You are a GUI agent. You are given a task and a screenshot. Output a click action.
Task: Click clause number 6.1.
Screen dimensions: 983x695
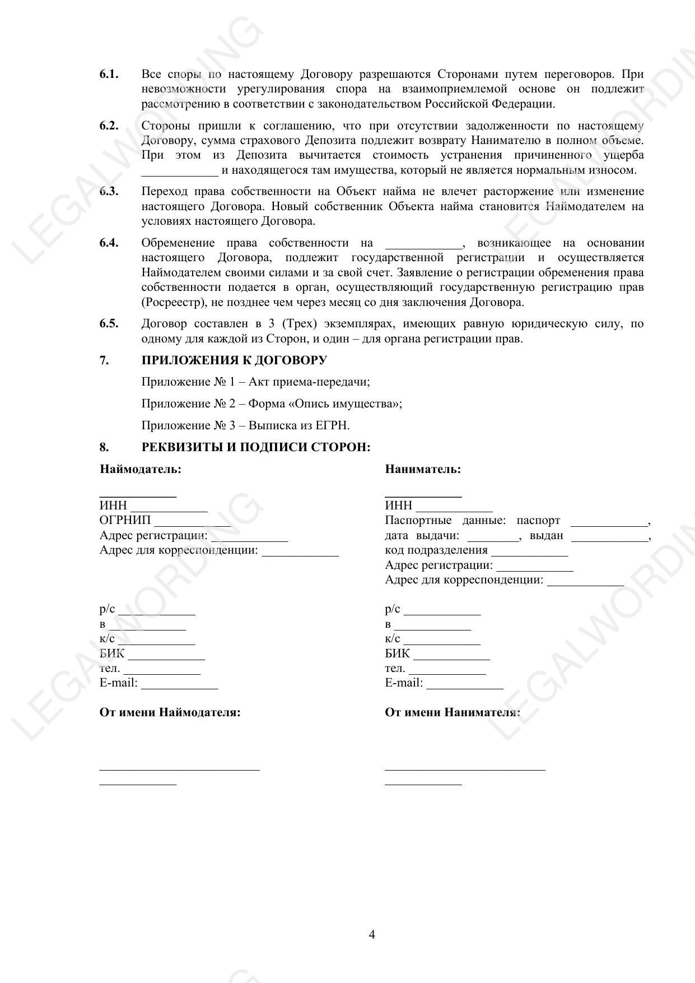tap(109, 74)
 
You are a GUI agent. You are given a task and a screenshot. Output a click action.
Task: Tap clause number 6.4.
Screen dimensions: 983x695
tap(109, 243)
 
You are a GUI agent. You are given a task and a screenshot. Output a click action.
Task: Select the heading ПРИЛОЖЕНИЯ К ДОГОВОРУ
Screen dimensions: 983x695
tap(234, 360)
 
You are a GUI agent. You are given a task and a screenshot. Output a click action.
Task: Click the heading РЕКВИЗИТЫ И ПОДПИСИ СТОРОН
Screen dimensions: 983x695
tap(256, 447)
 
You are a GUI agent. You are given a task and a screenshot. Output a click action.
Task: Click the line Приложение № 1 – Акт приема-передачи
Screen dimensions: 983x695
tap(255, 382)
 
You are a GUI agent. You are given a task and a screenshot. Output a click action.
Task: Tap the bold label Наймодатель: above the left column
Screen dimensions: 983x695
tap(141, 469)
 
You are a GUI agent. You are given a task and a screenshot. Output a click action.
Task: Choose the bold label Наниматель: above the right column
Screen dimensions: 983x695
tap(423, 469)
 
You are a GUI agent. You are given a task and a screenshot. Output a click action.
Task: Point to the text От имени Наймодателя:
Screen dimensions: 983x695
tap(170, 712)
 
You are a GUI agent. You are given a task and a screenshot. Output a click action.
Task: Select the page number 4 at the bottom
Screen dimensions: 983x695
tap(372, 935)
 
